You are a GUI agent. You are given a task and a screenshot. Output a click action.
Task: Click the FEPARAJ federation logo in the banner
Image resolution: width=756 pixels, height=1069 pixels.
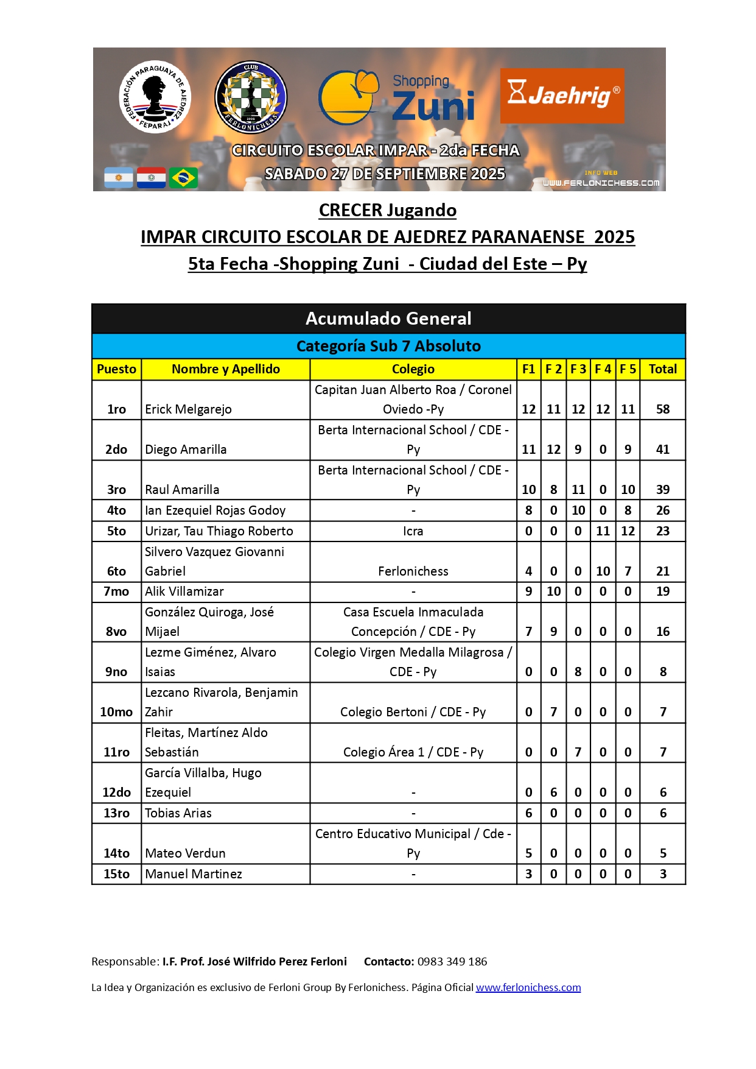pos(155,96)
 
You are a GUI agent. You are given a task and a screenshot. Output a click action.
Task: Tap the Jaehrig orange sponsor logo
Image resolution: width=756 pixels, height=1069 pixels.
pos(562,96)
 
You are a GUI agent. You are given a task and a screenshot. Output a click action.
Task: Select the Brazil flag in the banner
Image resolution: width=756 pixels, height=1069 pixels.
pos(183,178)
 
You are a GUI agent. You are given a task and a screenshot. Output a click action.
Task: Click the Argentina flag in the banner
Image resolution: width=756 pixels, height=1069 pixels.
pos(119,178)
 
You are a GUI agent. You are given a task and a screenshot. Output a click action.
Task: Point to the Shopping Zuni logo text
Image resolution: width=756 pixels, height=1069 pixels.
pos(433,98)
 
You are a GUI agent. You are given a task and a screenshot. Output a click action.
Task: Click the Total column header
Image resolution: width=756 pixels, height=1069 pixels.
pos(662,369)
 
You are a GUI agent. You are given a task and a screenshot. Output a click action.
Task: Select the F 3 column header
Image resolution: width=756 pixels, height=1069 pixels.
pos(578,369)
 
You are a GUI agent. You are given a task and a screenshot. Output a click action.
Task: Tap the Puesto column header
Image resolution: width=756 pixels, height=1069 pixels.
pos(116,369)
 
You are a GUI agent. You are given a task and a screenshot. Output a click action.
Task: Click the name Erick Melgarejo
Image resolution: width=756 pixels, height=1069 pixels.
pos(188,409)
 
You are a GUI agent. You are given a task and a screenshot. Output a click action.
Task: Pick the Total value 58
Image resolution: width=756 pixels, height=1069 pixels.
pos(662,409)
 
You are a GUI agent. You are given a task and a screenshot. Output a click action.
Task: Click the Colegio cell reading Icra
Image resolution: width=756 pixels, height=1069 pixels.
pos(413,531)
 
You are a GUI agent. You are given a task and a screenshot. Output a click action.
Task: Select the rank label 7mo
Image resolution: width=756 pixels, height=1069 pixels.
pos(116,591)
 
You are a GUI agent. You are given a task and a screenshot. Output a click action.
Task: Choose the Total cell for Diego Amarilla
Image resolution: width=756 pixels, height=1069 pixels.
pos(662,450)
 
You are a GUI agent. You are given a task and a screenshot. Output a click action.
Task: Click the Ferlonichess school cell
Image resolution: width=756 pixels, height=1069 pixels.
pos(413,571)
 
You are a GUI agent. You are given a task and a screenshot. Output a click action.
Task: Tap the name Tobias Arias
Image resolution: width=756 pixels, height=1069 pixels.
pos(178,813)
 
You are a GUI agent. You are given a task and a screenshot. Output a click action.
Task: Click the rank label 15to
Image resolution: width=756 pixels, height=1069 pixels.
pos(116,874)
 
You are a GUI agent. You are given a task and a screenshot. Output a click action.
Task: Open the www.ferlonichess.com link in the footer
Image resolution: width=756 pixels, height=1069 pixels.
pos(528,987)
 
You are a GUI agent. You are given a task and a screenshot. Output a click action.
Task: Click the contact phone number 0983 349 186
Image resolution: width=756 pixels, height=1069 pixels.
pos(452,962)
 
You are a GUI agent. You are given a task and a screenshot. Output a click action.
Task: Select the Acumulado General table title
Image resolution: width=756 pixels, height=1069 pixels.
pos(388,319)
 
